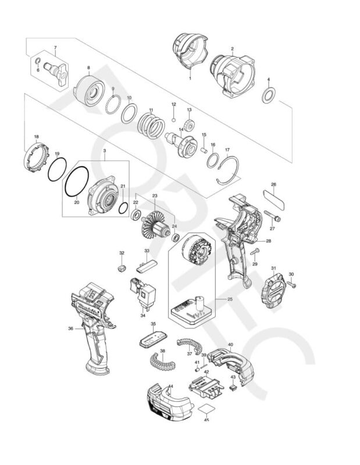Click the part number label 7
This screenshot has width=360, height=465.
(x=55, y=47)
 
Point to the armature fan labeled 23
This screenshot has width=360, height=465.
(x=155, y=225)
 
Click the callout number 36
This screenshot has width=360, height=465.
(x=70, y=328)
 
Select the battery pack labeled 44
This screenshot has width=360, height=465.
(x=169, y=402)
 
